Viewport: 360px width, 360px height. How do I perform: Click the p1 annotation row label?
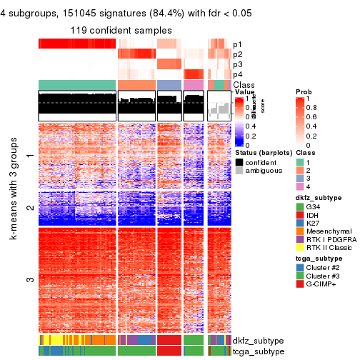point(237,44)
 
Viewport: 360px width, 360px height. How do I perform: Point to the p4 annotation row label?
point(237,74)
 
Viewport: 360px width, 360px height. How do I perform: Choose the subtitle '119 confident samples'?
point(121,30)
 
